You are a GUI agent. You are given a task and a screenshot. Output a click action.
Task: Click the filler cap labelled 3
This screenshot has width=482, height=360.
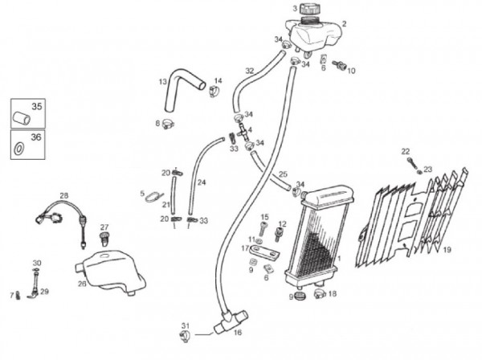coord(309,10)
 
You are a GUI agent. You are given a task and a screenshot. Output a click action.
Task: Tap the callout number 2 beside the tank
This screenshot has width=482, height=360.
coord(344,24)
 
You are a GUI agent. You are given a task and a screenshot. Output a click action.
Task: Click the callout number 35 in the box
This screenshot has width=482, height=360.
coord(35,106)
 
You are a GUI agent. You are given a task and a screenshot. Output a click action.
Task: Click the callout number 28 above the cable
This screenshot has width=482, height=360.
coord(64,194)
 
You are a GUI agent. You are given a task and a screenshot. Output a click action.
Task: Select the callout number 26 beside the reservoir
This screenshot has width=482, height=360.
coord(82,282)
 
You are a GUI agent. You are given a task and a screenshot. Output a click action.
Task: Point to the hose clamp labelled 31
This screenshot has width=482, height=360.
coord(183,333)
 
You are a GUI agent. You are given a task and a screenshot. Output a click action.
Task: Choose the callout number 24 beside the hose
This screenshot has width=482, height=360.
coord(202,182)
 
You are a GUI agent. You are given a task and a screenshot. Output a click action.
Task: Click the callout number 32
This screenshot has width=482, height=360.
coord(249,72)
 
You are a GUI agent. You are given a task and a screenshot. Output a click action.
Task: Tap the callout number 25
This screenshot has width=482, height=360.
coord(282,174)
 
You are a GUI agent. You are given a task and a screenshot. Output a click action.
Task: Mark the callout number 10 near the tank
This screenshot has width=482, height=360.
coord(351,71)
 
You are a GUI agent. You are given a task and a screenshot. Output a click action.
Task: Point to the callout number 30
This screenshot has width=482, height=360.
coord(36,263)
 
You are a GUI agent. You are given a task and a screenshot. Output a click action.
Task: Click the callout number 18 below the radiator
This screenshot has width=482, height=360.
coord(333,294)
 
